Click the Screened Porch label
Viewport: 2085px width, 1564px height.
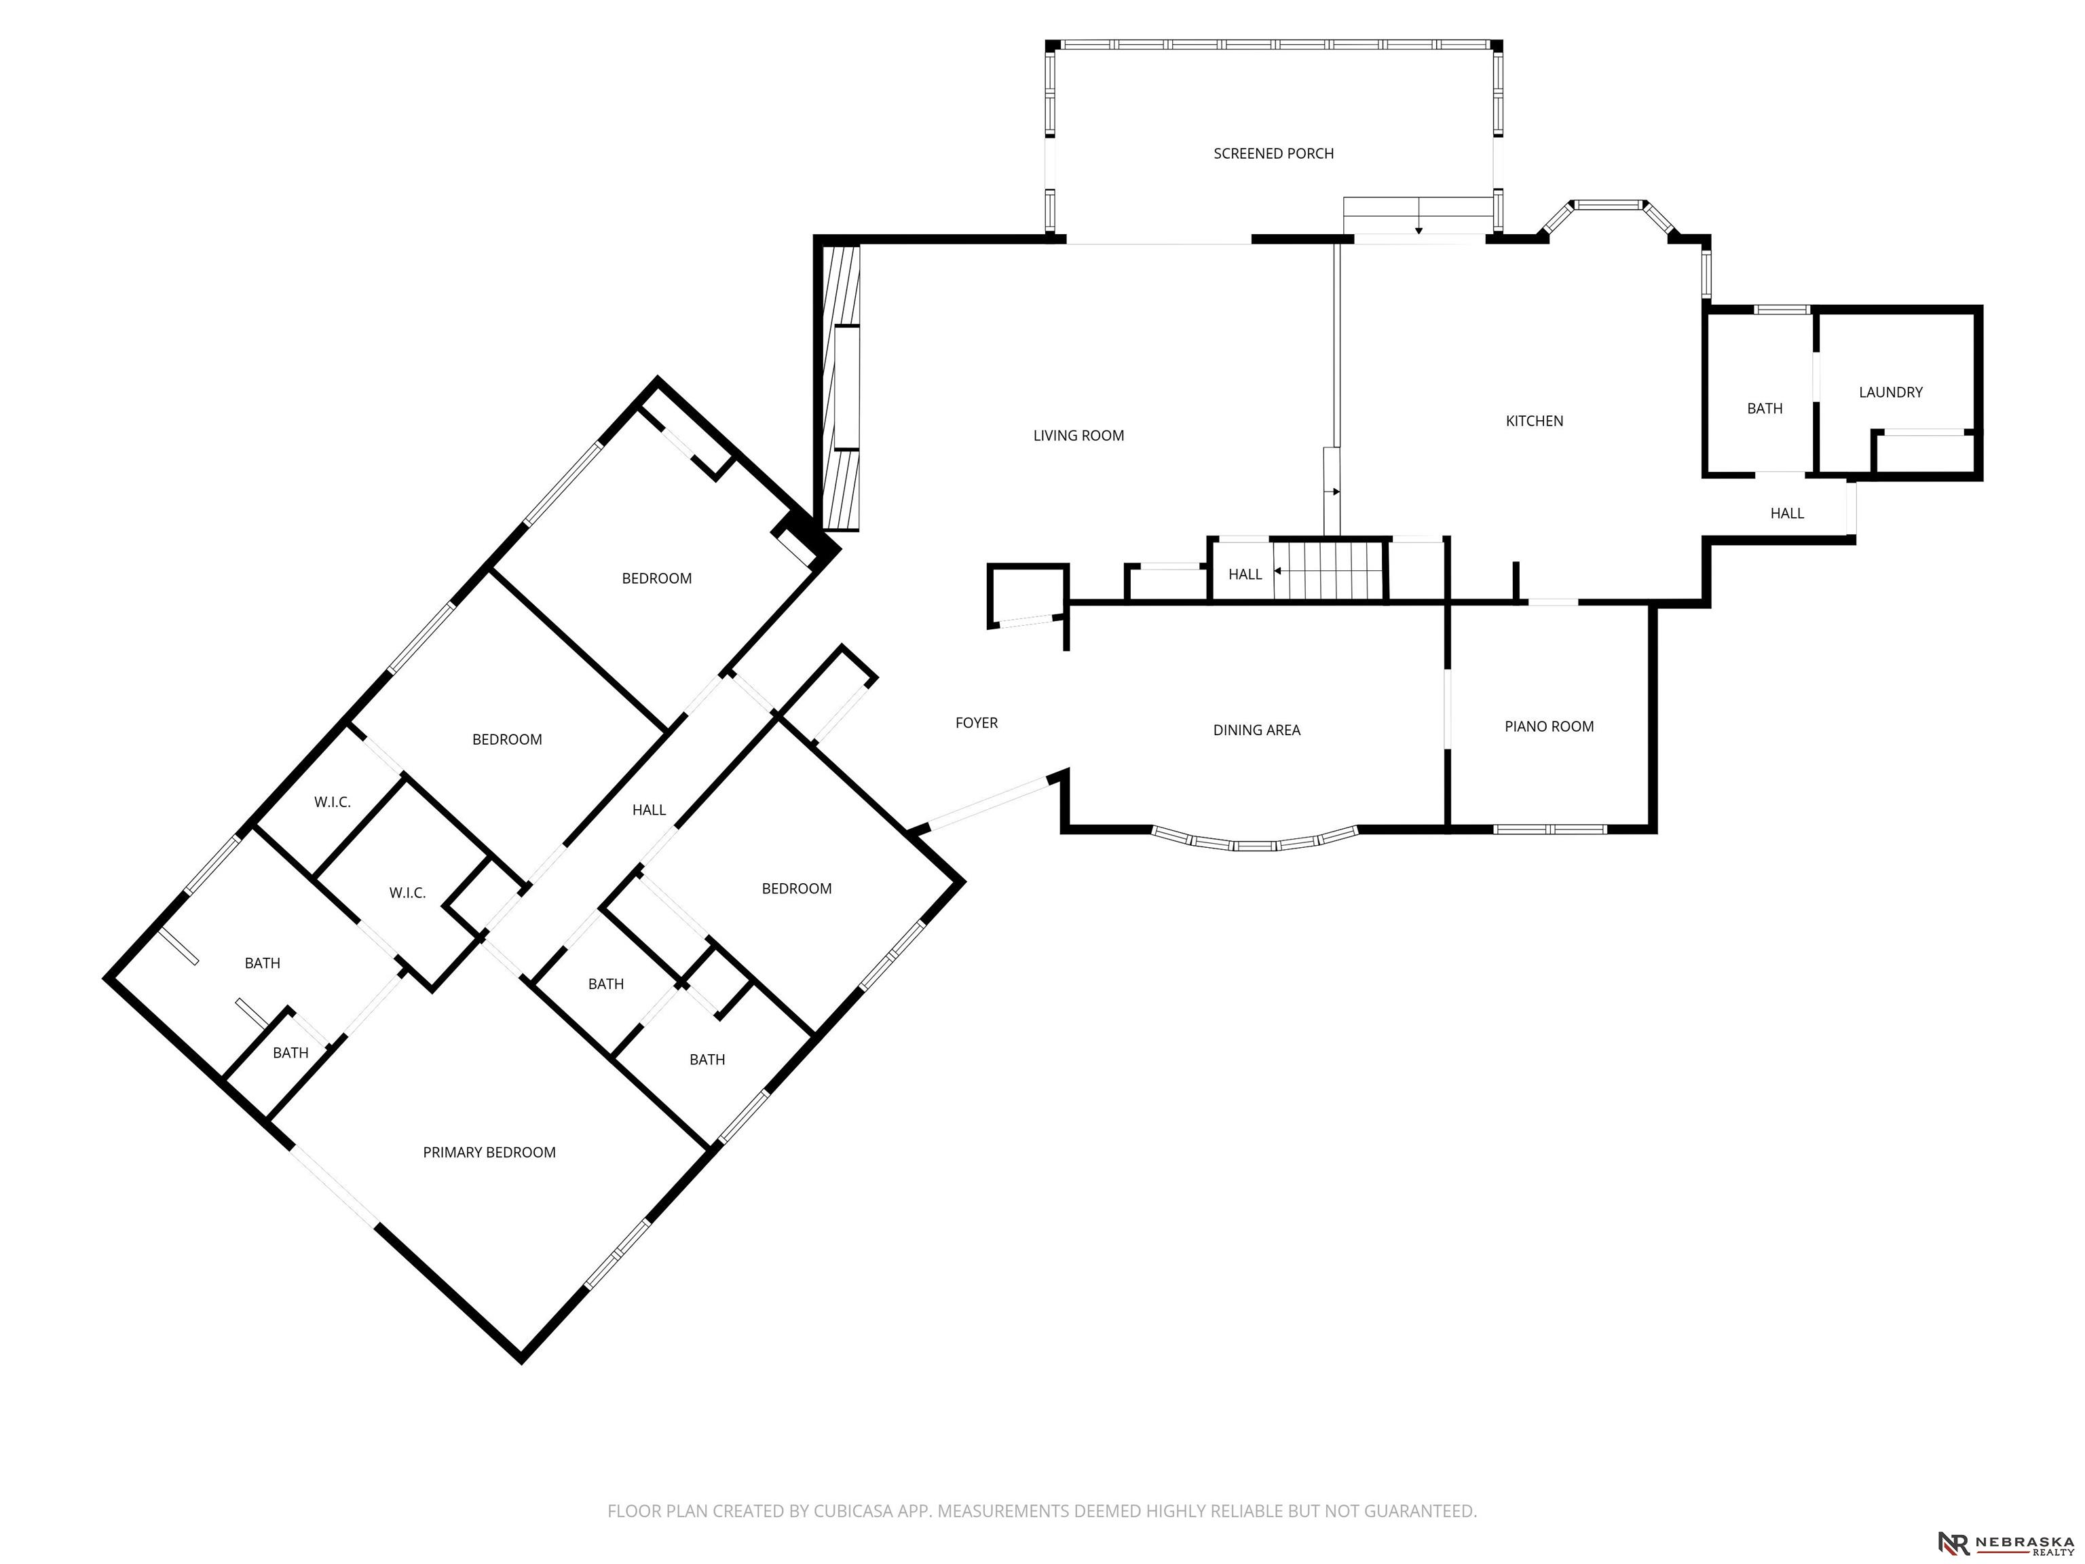[1273, 153]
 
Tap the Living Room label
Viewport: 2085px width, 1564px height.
[1078, 436]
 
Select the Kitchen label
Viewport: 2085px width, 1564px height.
[1535, 422]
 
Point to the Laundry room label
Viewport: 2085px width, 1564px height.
[1890, 392]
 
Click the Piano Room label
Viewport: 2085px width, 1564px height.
[1549, 727]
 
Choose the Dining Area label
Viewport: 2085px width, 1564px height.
[1256, 730]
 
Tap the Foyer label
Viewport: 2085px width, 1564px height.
[977, 723]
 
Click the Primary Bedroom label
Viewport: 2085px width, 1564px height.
[489, 1153]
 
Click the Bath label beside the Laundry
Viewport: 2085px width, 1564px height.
[1765, 409]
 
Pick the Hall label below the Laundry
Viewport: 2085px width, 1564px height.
[1786, 514]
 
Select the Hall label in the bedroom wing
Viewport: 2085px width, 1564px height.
[648, 810]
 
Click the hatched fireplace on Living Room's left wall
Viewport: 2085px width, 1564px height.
[841, 388]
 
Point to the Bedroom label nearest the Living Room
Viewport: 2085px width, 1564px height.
[656, 579]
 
